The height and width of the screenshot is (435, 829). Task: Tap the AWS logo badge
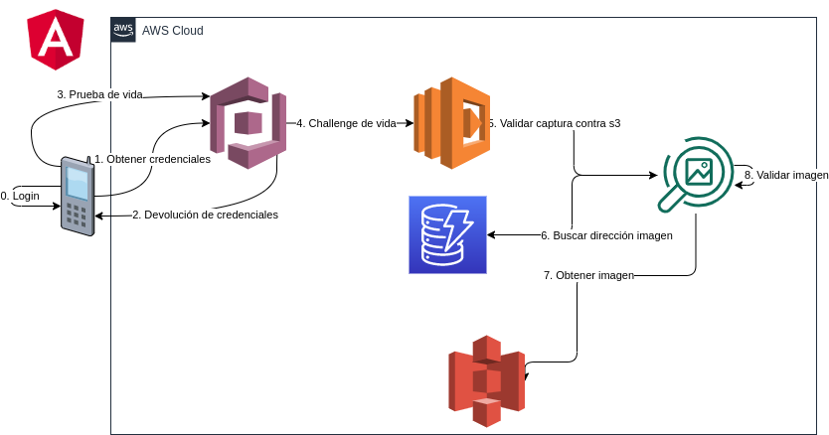[123, 30]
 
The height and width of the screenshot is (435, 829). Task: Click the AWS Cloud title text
[173, 31]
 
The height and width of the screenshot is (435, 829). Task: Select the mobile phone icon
[77, 195]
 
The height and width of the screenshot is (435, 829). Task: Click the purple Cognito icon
[248, 123]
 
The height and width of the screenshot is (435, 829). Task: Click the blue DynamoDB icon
[447, 234]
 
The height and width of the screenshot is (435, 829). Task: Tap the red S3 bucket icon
[486, 374]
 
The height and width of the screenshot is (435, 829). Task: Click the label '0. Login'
[20, 196]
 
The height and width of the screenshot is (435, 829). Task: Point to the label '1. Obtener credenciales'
[152, 159]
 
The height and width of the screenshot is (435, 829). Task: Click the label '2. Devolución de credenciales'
[205, 215]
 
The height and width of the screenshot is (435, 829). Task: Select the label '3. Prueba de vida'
[99, 94]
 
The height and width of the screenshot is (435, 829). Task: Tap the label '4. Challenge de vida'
[346, 123]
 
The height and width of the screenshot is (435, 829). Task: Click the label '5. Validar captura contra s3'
[555, 123]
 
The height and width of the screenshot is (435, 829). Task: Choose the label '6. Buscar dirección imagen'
[606, 235]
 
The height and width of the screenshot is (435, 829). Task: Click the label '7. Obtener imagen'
[588, 274]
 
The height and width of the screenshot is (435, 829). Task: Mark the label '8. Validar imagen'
[786, 175]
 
